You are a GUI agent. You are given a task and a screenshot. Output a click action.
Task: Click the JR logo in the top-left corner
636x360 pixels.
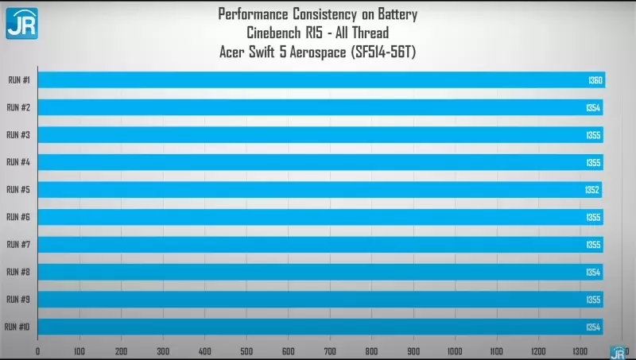21,22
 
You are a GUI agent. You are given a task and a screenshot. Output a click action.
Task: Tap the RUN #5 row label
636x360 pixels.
18,190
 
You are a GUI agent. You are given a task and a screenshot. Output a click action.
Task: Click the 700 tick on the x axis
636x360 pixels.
330,350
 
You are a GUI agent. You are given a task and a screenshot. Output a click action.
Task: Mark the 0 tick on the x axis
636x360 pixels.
38,350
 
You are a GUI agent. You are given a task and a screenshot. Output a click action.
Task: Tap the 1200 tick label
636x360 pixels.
538,350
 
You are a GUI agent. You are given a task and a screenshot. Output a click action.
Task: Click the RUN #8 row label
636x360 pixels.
18,272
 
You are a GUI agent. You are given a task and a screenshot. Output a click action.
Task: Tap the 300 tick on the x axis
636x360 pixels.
163,350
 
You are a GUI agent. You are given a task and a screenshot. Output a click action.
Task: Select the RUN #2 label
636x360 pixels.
18,107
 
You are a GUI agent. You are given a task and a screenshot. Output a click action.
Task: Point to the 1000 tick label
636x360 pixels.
455,350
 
